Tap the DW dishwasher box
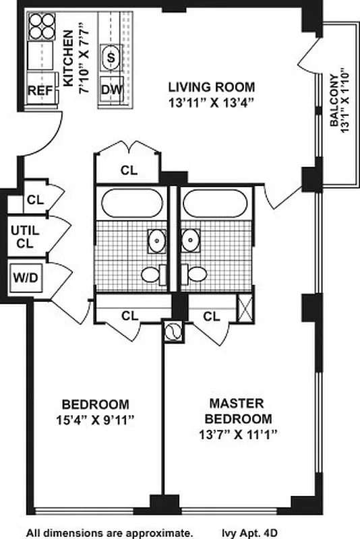111,89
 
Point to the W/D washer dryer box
26,276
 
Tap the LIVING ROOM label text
211,87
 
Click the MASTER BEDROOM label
235,410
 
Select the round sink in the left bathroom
156,239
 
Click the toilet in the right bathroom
196,274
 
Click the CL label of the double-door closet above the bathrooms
129,170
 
